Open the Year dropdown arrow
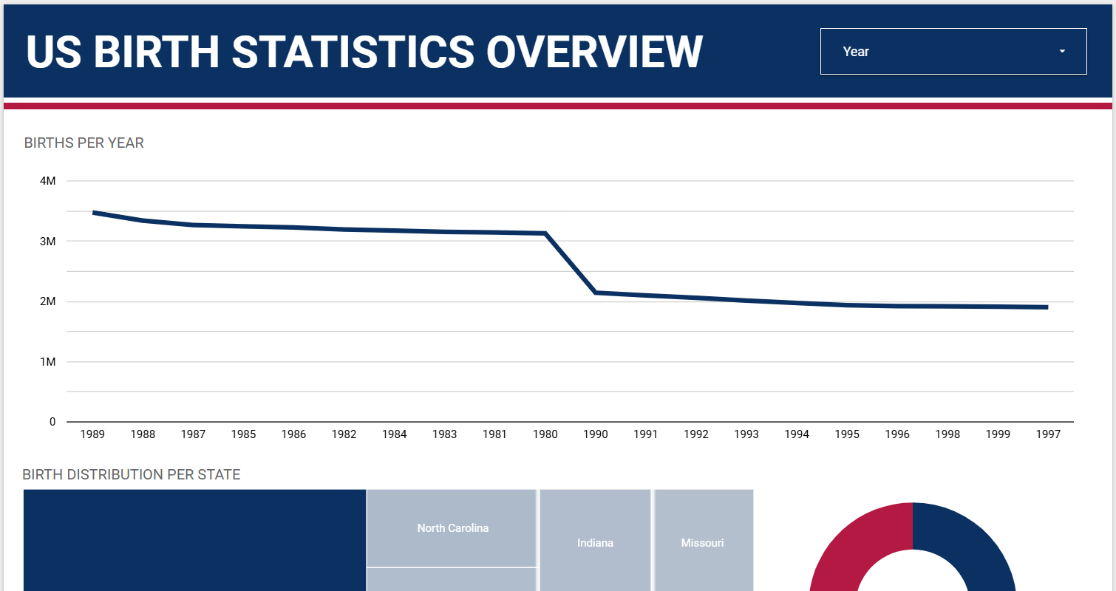click(1062, 52)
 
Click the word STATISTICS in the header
click(353, 52)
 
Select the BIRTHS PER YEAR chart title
click(84, 143)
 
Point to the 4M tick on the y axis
click(47, 181)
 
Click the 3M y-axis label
click(47, 242)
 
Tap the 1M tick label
click(47, 362)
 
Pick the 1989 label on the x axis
click(92, 434)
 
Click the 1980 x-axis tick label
click(545, 434)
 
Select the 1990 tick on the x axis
click(595, 434)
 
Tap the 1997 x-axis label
click(1047, 434)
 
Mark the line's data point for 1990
click(595, 293)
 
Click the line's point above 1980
click(545, 233)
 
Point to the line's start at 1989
click(93, 213)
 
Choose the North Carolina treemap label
click(452, 528)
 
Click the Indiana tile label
click(595, 543)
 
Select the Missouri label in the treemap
click(702, 543)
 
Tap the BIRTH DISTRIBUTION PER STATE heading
click(132, 474)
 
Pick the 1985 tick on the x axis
click(243, 434)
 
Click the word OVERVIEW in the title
click(594, 52)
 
